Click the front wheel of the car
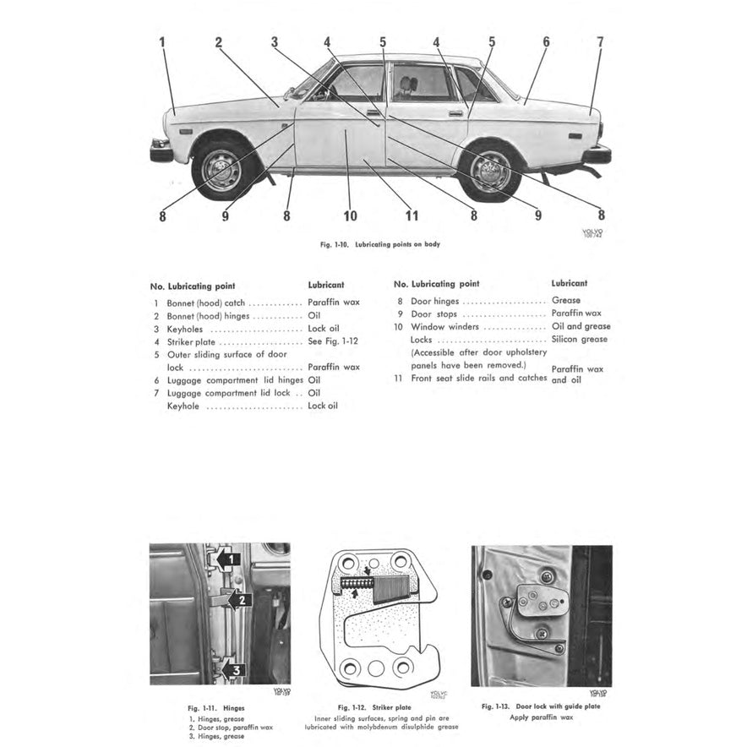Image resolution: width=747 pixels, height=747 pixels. (x=222, y=171)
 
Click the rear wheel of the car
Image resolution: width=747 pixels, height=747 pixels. (x=490, y=172)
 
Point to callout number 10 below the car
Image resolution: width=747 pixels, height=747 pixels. (x=350, y=215)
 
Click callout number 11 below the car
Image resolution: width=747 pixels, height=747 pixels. (x=412, y=215)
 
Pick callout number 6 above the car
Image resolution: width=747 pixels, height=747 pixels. (x=546, y=41)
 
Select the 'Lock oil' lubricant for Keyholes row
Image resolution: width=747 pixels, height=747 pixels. (x=324, y=329)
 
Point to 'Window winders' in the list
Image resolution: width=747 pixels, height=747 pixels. (x=444, y=326)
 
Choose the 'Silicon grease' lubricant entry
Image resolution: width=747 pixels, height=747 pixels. (x=580, y=339)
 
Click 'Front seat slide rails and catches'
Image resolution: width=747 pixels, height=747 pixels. (x=478, y=378)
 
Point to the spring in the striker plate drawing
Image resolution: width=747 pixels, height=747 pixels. (x=355, y=584)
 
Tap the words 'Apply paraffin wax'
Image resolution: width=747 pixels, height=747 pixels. (x=541, y=717)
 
